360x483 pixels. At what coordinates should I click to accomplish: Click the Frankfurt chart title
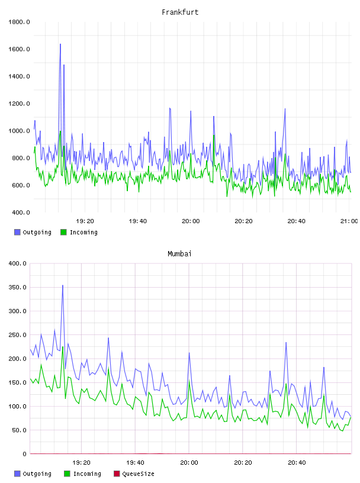pyautogui.click(x=180, y=12)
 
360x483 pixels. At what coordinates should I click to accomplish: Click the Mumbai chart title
pyautogui.click(x=179, y=254)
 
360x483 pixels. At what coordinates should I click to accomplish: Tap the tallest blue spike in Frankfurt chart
pyautogui.click(x=60, y=44)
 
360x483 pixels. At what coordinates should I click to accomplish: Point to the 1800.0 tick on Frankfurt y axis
pyautogui.click(x=19, y=22)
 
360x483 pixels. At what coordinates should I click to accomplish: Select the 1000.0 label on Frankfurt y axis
pyautogui.click(x=19, y=131)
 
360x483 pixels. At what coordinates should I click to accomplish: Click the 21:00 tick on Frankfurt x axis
pyautogui.click(x=349, y=221)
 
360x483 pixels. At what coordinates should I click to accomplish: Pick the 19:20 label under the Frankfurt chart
pyautogui.click(x=85, y=221)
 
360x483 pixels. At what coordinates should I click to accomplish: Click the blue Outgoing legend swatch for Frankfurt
pyautogui.click(x=17, y=232)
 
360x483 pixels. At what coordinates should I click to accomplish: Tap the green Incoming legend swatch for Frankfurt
pyautogui.click(x=63, y=232)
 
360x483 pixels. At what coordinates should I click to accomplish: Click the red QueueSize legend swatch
pyautogui.click(x=117, y=474)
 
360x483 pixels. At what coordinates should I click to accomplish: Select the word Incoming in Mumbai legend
pyautogui.click(x=87, y=474)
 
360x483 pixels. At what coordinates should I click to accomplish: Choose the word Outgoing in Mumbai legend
pyautogui.click(x=37, y=474)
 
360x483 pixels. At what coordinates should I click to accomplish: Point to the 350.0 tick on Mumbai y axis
pyautogui.click(x=18, y=288)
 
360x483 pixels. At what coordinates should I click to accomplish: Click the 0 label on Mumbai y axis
pyautogui.click(x=24, y=454)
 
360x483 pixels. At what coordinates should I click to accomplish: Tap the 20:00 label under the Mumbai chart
pyautogui.click(x=189, y=463)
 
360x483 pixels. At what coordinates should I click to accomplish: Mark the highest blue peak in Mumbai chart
pyautogui.click(x=63, y=285)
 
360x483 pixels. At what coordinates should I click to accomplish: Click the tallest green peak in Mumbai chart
pyautogui.click(x=63, y=347)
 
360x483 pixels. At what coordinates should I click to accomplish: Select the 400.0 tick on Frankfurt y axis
pyautogui.click(x=19, y=212)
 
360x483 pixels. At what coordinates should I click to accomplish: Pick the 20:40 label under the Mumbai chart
pyautogui.click(x=297, y=463)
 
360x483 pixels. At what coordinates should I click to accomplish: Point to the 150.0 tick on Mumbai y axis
pyautogui.click(x=18, y=382)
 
